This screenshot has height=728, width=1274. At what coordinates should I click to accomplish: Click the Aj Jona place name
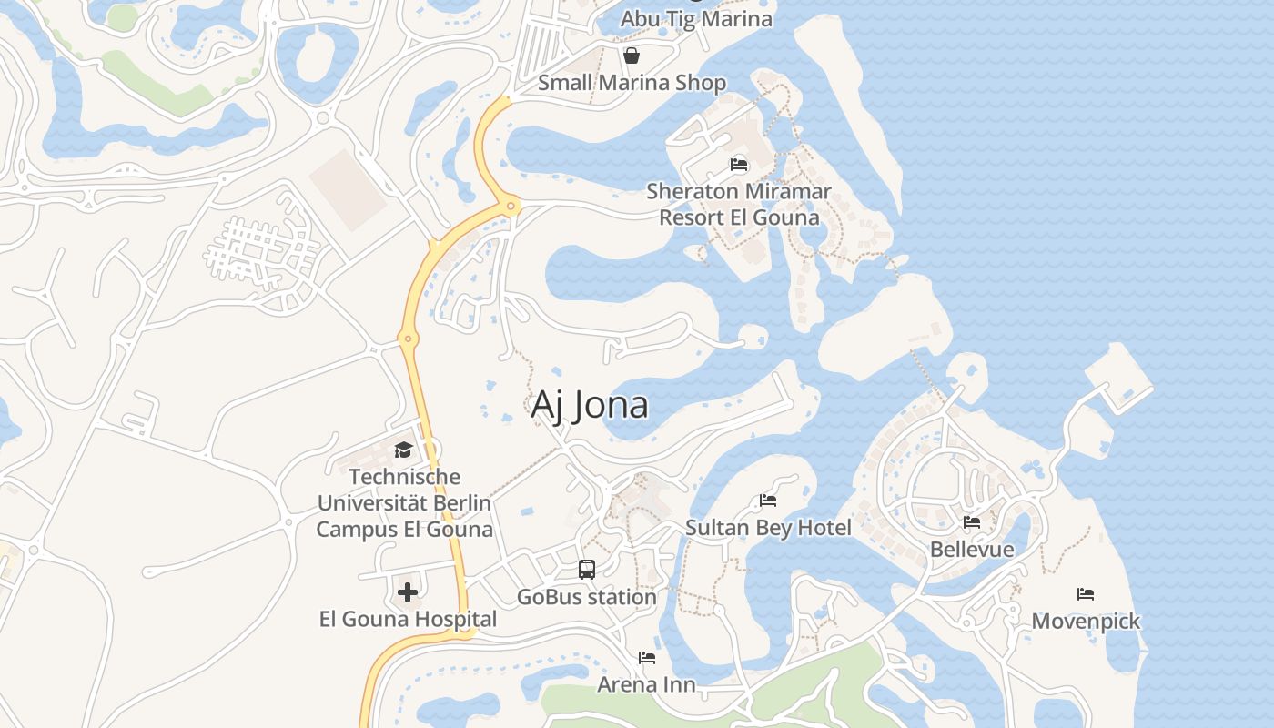pyautogui.click(x=590, y=405)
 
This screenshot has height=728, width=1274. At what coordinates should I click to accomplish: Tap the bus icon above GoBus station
pyautogui.click(x=587, y=570)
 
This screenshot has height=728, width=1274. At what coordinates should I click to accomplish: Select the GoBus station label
pyautogui.click(x=587, y=598)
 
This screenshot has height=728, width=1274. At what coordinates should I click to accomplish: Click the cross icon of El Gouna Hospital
pyautogui.click(x=408, y=592)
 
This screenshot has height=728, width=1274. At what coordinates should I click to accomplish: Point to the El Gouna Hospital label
pyautogui.click(x=408, y=620)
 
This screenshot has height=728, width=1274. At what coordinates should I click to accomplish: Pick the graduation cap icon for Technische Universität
pyautogui.click(x=403, y=450)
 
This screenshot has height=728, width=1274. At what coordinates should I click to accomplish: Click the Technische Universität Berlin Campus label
pyautogui.click(x=404, y=503)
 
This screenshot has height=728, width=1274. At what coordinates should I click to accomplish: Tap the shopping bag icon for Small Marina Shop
pyautogui.click(x=632, y=56)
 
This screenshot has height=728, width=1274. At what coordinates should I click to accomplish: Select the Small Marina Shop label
pyautogui.click(x=632, y=83)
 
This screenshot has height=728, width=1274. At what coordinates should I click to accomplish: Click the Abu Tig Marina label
pyautogui.click(x=696, y=19)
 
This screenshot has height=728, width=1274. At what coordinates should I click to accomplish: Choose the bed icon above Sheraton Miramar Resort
pyautogui.click(x=739, y=165)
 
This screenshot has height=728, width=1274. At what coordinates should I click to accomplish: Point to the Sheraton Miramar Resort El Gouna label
pyautogui.click(x=739, y=205)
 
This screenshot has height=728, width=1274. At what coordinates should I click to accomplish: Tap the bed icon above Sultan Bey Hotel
pyautogui.click(x=768, y=500)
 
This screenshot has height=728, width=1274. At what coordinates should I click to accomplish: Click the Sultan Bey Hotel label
pyautogui.click(x=768, y=528)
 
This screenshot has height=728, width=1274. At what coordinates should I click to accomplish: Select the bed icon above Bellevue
pyautogui.click(x=972, y=522)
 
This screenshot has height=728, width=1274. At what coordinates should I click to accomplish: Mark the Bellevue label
pyautogui.click(x=972, y=550)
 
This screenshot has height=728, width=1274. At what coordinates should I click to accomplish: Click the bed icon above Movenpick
pyautogui.click(x=1086, y=594)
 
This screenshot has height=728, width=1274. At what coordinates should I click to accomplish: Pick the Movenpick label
pyautogui.click(x=1086, y=622)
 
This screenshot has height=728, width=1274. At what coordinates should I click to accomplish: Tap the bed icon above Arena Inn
pyautogui.click(x=647, y=657)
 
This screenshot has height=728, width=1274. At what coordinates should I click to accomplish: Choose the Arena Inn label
pyautogui.click(x=646, y=684)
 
